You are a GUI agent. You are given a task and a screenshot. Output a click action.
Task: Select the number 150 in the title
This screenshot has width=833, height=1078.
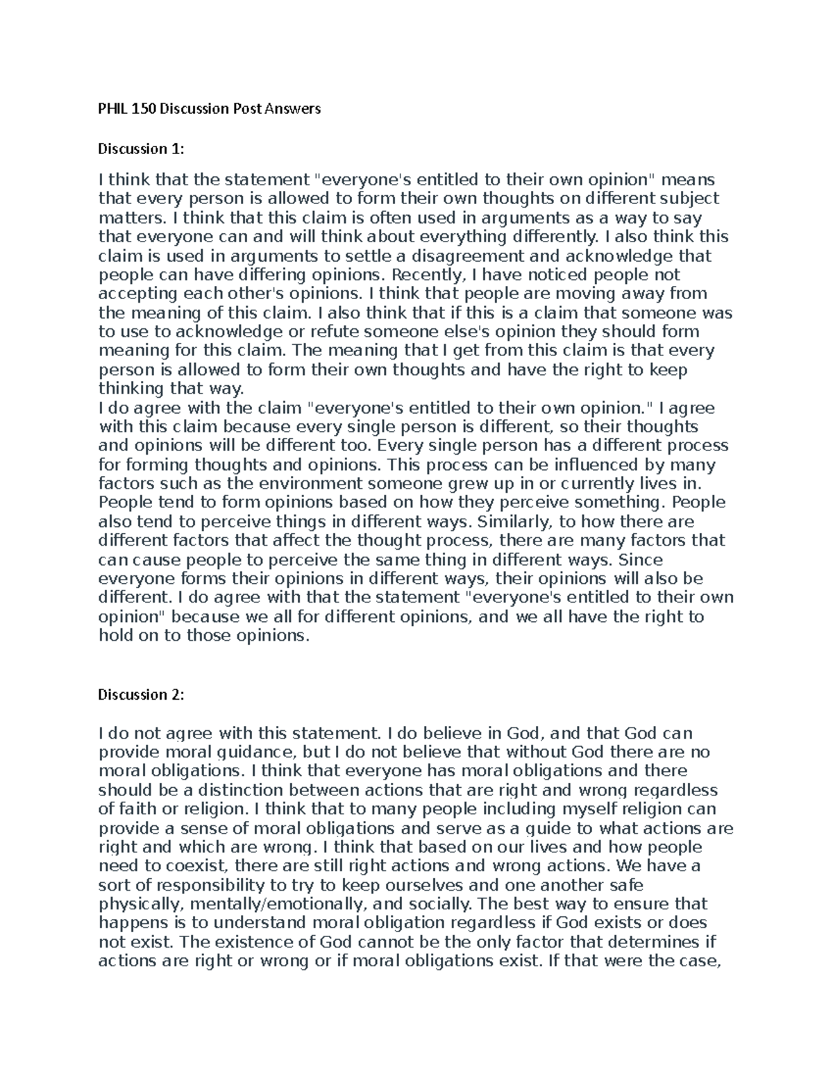[x=144, y=108]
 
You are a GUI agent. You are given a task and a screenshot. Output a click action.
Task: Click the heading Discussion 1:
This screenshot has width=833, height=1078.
[x=141, y=149]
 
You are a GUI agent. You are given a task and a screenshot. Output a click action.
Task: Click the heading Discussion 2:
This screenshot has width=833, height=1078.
[x=141, y=695]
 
